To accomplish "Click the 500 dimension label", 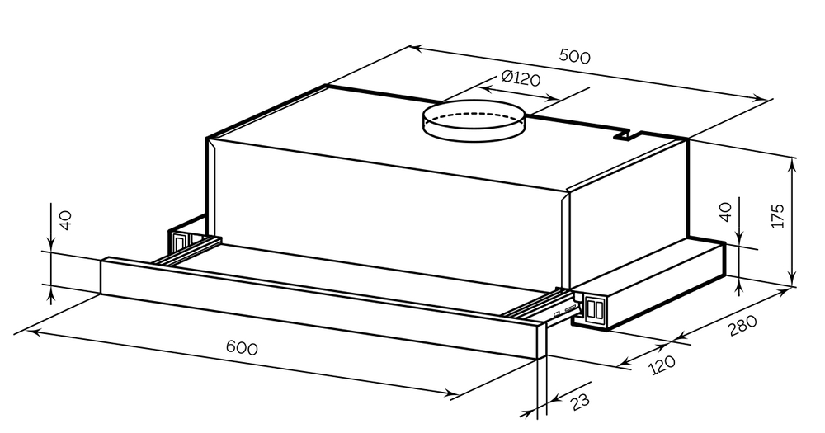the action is tap(574, 56).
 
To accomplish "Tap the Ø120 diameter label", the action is tap(521, 78).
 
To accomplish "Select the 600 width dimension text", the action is tap(242, 347).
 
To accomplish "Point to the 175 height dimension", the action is tap(778, 215).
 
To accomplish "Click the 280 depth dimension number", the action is tap(742, 326).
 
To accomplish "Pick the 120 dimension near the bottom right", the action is tap(662, 364).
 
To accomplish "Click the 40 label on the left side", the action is tap(65, 220).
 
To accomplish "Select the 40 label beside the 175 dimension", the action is tap(725, 212).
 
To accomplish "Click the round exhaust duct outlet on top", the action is tap(474, 120).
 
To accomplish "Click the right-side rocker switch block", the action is tap(594, 309).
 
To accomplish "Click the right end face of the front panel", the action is tap(542, 342).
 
